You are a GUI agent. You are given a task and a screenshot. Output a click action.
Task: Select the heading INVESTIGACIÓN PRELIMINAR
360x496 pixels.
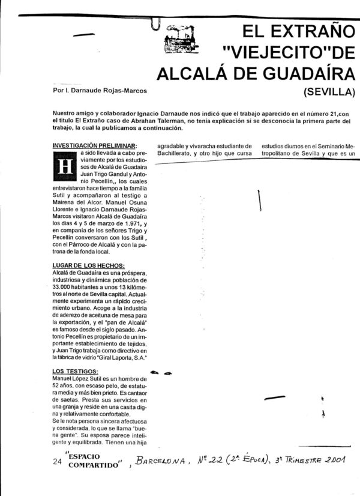click(x=95, y=145)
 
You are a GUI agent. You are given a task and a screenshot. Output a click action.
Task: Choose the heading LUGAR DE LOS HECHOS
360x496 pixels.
click(x=88, y=266)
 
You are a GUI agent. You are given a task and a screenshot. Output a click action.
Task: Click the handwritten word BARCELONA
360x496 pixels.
click(x=162, y=461)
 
